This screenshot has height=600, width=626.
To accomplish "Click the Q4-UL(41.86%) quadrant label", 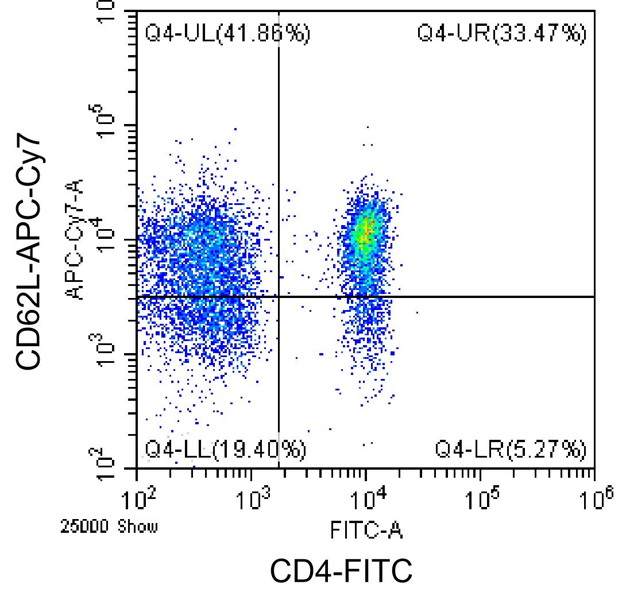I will pos(227,34).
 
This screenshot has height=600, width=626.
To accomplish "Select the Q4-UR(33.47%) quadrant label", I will pos(501,34).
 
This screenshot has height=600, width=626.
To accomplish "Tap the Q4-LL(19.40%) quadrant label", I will pos(225,450).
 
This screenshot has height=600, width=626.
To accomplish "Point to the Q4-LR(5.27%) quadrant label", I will pos(511,450).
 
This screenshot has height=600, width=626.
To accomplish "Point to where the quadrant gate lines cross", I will pos(279,297).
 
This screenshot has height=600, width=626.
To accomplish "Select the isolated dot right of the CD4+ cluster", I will pos(417,313).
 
